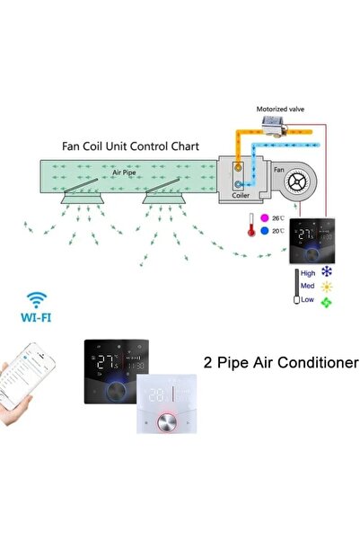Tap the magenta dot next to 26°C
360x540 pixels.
(265, 217)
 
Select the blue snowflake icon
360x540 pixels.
(327, 271)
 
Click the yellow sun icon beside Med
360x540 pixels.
(327, 286)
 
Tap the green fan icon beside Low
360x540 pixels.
(327, 301)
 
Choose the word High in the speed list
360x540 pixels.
(307, 271)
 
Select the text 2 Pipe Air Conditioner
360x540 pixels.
(281, 364)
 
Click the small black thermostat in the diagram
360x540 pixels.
(311, 237)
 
